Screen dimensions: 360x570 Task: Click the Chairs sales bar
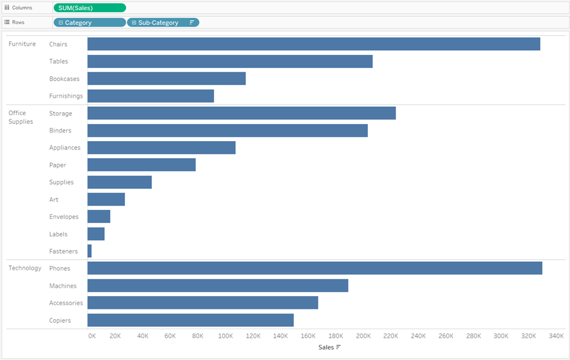click(x=314, y=44)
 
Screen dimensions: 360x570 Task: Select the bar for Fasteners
click(x=89, y=251)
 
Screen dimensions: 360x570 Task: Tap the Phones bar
click(x=315, y=268)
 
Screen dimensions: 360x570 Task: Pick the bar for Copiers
click(x=191, y=320)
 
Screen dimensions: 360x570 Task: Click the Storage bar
click(x=241, y=113)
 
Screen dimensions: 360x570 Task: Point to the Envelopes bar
click(x=99, y=216)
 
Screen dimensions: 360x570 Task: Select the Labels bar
click(x=96, y=234)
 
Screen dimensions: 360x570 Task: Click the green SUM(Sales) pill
click(x=89, y=8)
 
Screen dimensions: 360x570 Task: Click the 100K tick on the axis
click(x=226, y=336)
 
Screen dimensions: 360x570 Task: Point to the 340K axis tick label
click(x=556, y=336)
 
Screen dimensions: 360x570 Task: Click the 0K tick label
click(x=92, y=336)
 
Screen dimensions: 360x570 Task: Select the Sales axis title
click(x=326, y=347)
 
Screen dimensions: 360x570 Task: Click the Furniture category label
click(x=22, y=44)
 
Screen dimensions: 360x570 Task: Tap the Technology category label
click(x=25, y=268)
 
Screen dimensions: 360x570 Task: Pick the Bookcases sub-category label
click(x=64, y=78)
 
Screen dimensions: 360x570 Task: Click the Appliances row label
click(x=65, y=148)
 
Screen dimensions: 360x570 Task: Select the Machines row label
click(x=63, y=286)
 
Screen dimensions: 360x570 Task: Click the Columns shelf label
click(x=22, y=8)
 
